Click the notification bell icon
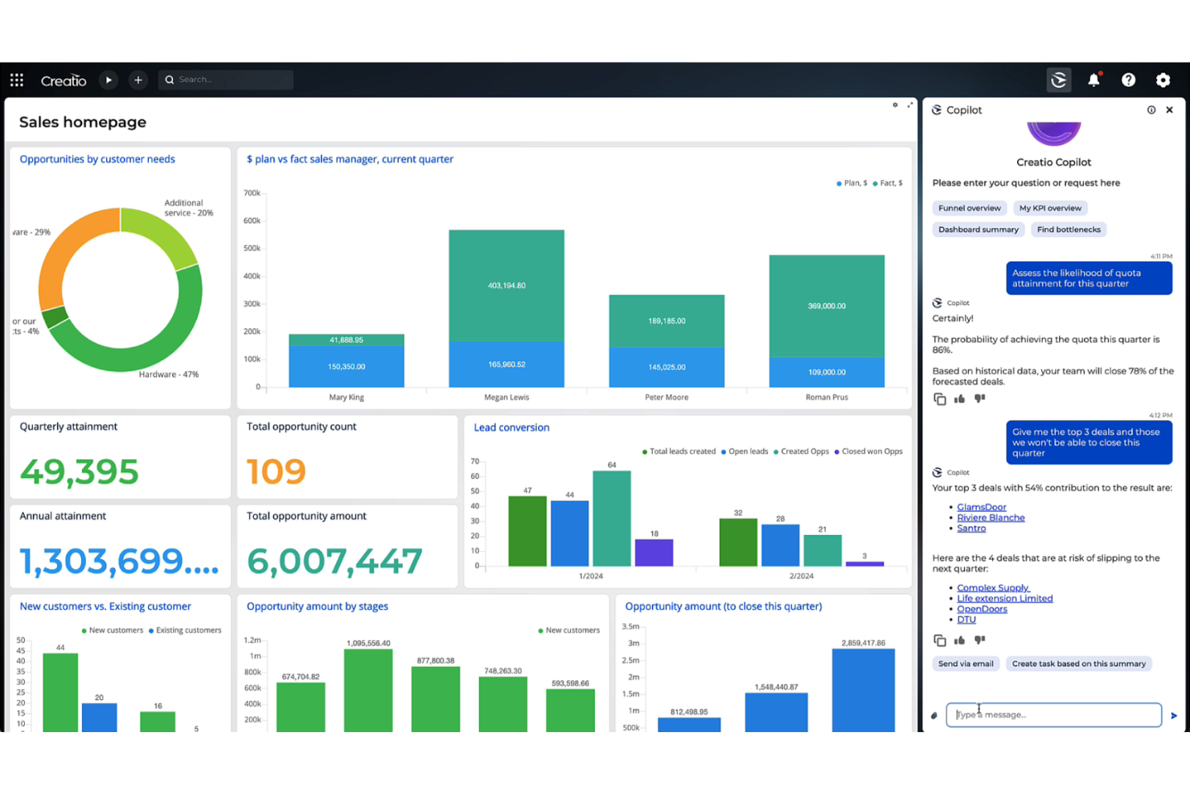click(x=1094, y=80)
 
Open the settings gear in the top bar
click(x=1163, y=80)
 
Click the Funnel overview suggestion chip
click(x=969, y=208)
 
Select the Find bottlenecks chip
click(x=1068, y=230)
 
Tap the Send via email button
click(x=966, y=664)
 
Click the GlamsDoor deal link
click(x=981, y=507)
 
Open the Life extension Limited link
click(x=1004, y=599)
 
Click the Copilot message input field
click(x=1053, y=714)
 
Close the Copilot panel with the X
click(x=1169, y=110)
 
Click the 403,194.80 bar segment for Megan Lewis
click(x=507, y=286)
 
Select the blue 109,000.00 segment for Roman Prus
click(x=827, y=372)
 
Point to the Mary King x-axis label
click(x=347, y=397)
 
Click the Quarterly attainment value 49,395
click(x=79, y=471)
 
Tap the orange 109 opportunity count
click(x=276, y=471)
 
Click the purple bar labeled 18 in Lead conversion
click(x=654, y=553)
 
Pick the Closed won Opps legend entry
click(x=871, y=451)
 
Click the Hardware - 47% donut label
click(x=168, y=375)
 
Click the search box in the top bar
click(x=227, y=80)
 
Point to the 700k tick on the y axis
click(x=252, y=193)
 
